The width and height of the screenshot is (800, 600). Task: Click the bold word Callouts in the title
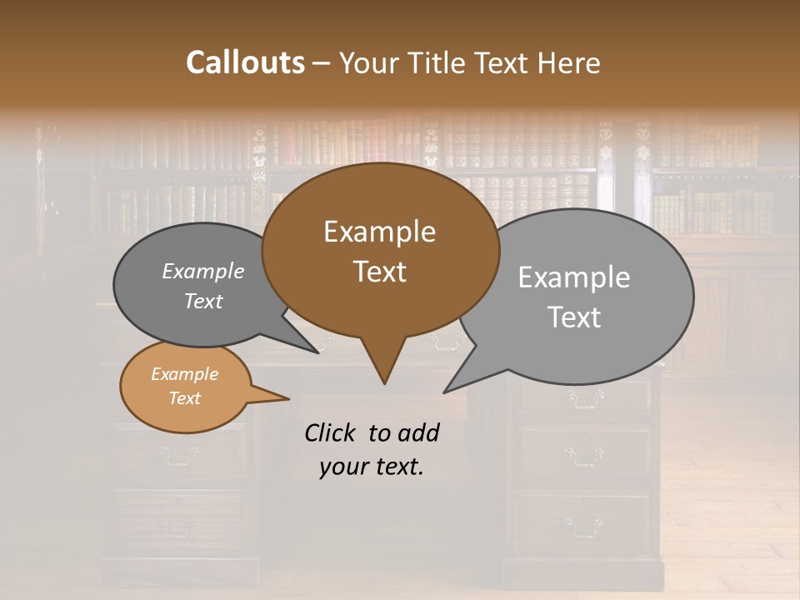coord(245,62)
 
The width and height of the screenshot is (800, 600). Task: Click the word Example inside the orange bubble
coord(184,374)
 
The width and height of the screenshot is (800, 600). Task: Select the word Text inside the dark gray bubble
coord(203,302)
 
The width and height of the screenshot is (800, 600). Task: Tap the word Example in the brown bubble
coord(379,232)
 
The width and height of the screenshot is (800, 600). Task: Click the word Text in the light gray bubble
coord(575,317)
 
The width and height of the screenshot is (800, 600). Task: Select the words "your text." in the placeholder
coord(372,467)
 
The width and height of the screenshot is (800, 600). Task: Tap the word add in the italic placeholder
coord(417,432)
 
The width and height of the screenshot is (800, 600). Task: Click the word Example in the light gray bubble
coord(574,277)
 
